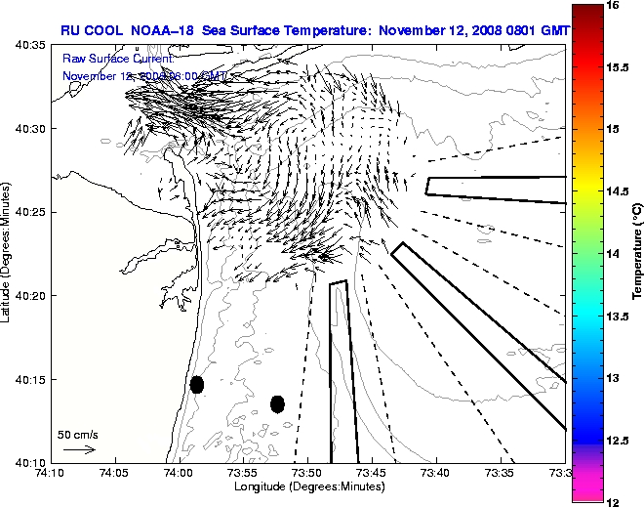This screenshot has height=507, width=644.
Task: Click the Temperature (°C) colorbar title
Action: point(636,253)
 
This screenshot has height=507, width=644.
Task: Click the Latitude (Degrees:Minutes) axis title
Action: point(8,253)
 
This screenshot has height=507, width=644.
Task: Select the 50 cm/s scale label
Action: point(77,434)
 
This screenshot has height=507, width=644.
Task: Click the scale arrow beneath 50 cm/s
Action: point(78,449)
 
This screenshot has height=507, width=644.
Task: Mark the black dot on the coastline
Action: point(197,384)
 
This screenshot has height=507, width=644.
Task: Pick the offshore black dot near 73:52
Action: point(277,403)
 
